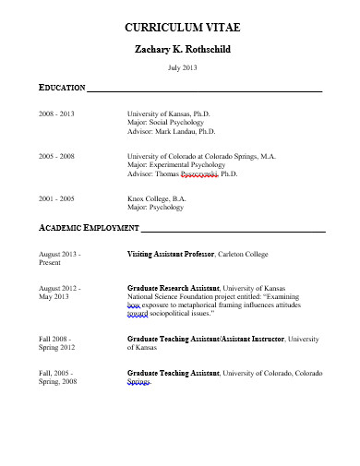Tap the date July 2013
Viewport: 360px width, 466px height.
pos(180,69)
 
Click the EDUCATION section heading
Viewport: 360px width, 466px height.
pos(61,88)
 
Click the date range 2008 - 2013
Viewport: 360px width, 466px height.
pos(56,113)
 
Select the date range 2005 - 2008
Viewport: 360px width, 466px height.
pos(56,157)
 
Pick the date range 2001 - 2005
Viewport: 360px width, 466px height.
pos(56,198)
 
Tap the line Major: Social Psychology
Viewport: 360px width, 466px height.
pos(165,122)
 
